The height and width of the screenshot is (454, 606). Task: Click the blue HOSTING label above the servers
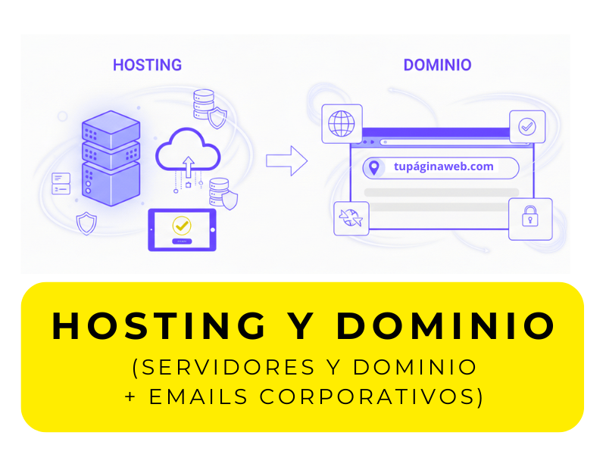147,65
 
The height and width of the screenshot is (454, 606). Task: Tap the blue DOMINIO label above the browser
437,65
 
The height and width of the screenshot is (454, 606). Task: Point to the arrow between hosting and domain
286,160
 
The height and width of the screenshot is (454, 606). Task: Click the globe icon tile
342,123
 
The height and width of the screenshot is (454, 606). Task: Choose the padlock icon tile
529,219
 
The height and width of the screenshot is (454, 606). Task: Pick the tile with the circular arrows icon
351,218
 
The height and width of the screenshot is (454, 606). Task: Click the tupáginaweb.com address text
443,166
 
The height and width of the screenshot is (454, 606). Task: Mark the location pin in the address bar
373,167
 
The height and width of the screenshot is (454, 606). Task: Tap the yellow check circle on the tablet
181,225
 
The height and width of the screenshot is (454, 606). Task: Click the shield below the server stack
86,223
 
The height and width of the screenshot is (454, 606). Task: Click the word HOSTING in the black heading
159,325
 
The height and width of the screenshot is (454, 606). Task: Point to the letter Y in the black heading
302,325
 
